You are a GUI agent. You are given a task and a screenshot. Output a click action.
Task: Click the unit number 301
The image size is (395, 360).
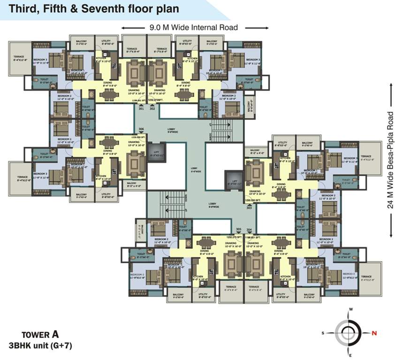click(141, 109)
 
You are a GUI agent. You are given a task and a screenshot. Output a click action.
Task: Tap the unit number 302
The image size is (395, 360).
click(152, 109)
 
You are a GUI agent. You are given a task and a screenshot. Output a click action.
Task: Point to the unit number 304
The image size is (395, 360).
click(249, 230)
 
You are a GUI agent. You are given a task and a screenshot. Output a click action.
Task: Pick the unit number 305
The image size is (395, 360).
click(238, 230)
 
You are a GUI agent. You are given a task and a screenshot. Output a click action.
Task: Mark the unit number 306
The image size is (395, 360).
click(141, 129)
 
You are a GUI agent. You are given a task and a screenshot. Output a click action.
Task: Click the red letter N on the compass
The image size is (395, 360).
click(374, 333)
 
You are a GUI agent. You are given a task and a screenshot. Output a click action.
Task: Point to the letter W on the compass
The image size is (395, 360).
click(350, 310)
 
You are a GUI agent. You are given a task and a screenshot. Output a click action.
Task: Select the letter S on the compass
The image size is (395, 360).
click(323, 333)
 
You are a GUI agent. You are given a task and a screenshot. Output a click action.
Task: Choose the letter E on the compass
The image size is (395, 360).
click(349, 355)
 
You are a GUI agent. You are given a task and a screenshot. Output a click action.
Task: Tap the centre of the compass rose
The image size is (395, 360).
click(349, 333)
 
